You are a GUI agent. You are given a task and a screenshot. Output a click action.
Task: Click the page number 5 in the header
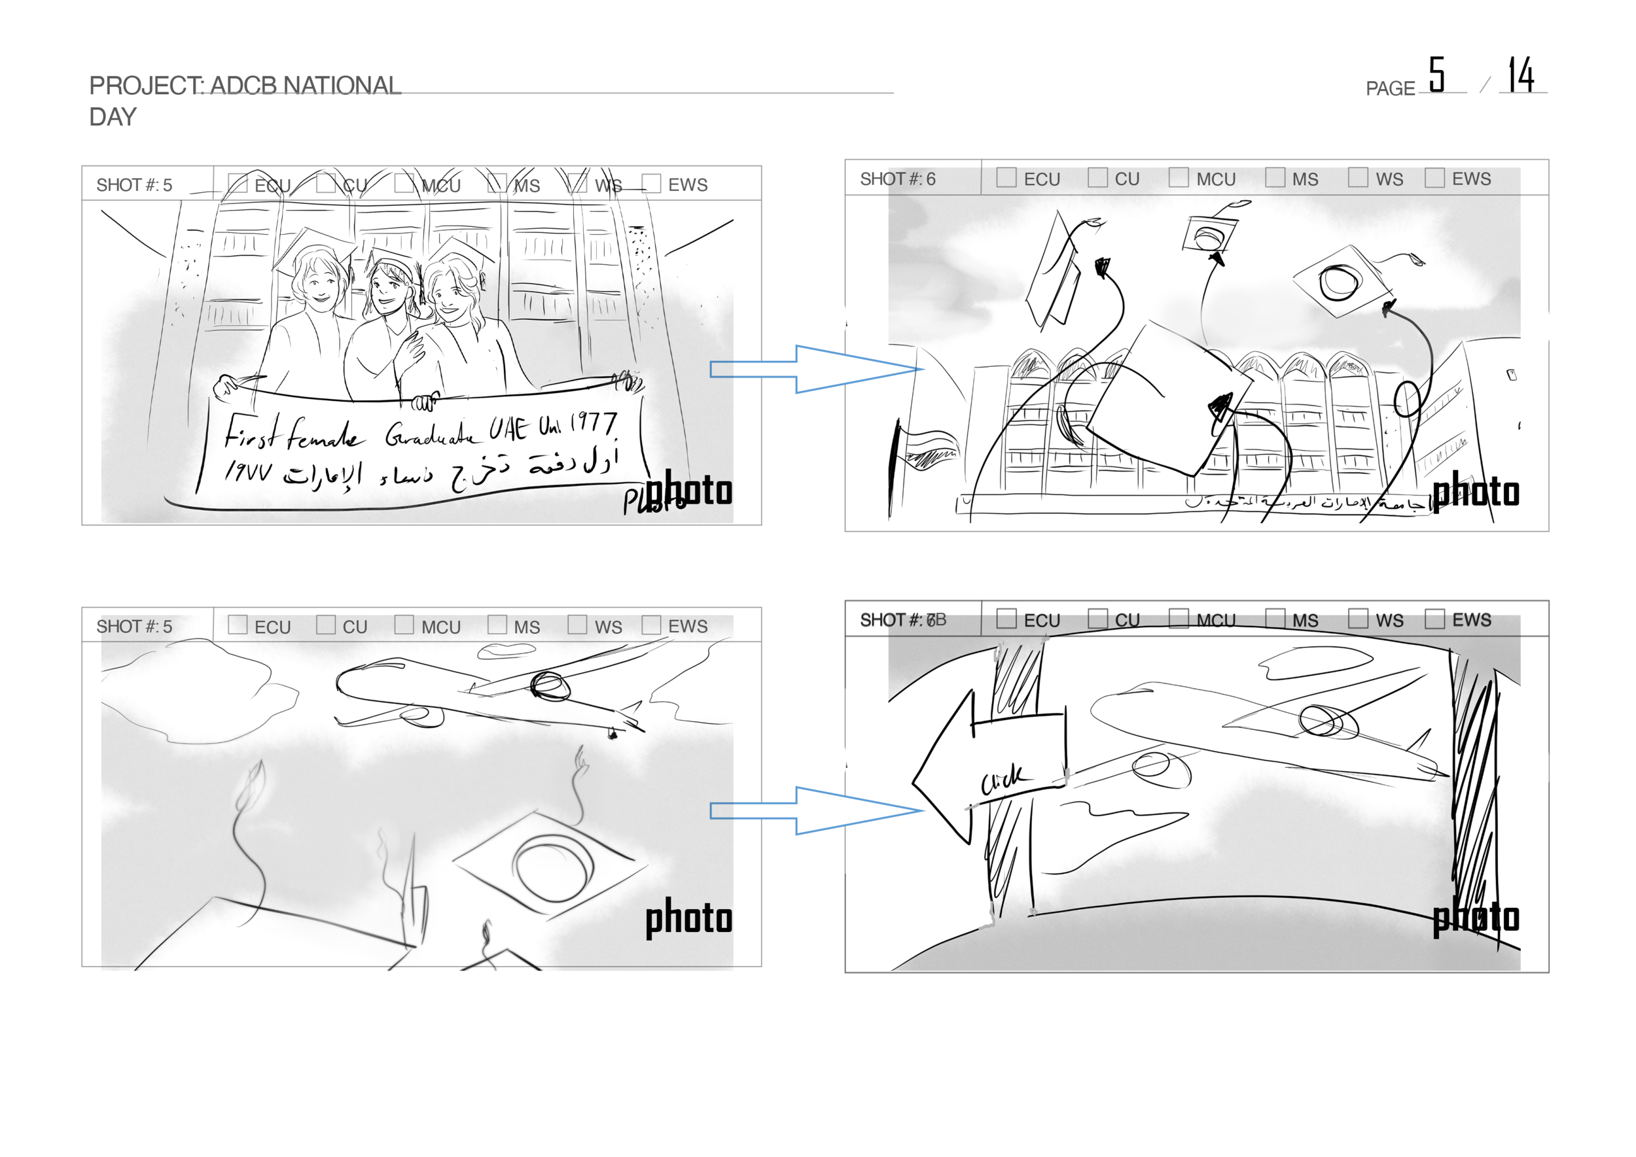(1436, 75)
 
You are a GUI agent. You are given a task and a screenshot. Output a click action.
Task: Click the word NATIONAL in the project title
(342, 86)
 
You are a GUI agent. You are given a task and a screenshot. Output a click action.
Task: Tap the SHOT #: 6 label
(897, 179)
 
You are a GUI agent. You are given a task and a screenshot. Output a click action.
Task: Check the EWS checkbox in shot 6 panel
(1434, 177)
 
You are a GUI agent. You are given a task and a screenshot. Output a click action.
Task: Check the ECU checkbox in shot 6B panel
(1006, 619)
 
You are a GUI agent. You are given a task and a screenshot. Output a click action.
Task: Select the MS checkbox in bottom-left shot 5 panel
(497, 625)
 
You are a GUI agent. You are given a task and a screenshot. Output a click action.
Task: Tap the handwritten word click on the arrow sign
(1003, 779)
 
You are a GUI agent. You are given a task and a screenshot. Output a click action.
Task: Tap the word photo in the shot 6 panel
(1476, 492)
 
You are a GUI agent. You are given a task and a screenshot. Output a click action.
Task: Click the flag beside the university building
(927, 449)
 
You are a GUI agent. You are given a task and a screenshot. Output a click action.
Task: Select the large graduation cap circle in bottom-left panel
(553, 868)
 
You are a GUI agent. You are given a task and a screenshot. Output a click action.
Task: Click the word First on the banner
(249, 431)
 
